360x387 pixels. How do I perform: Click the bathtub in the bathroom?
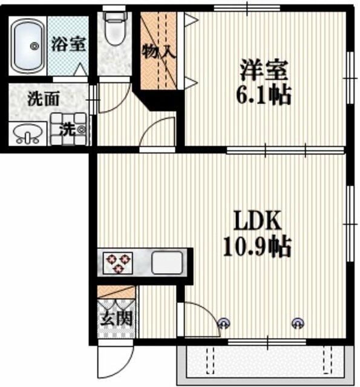click(27, 45)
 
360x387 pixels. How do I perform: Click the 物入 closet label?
click(159, 52)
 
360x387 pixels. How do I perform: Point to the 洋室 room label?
click(264, 70)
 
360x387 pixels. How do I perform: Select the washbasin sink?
click(27, 132)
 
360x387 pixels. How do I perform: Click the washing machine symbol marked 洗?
click(72, 129)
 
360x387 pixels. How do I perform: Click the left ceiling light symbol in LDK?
click(224, 322)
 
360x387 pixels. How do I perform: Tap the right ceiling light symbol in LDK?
click(297, 322)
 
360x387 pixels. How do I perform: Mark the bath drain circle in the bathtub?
click(33, 46)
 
